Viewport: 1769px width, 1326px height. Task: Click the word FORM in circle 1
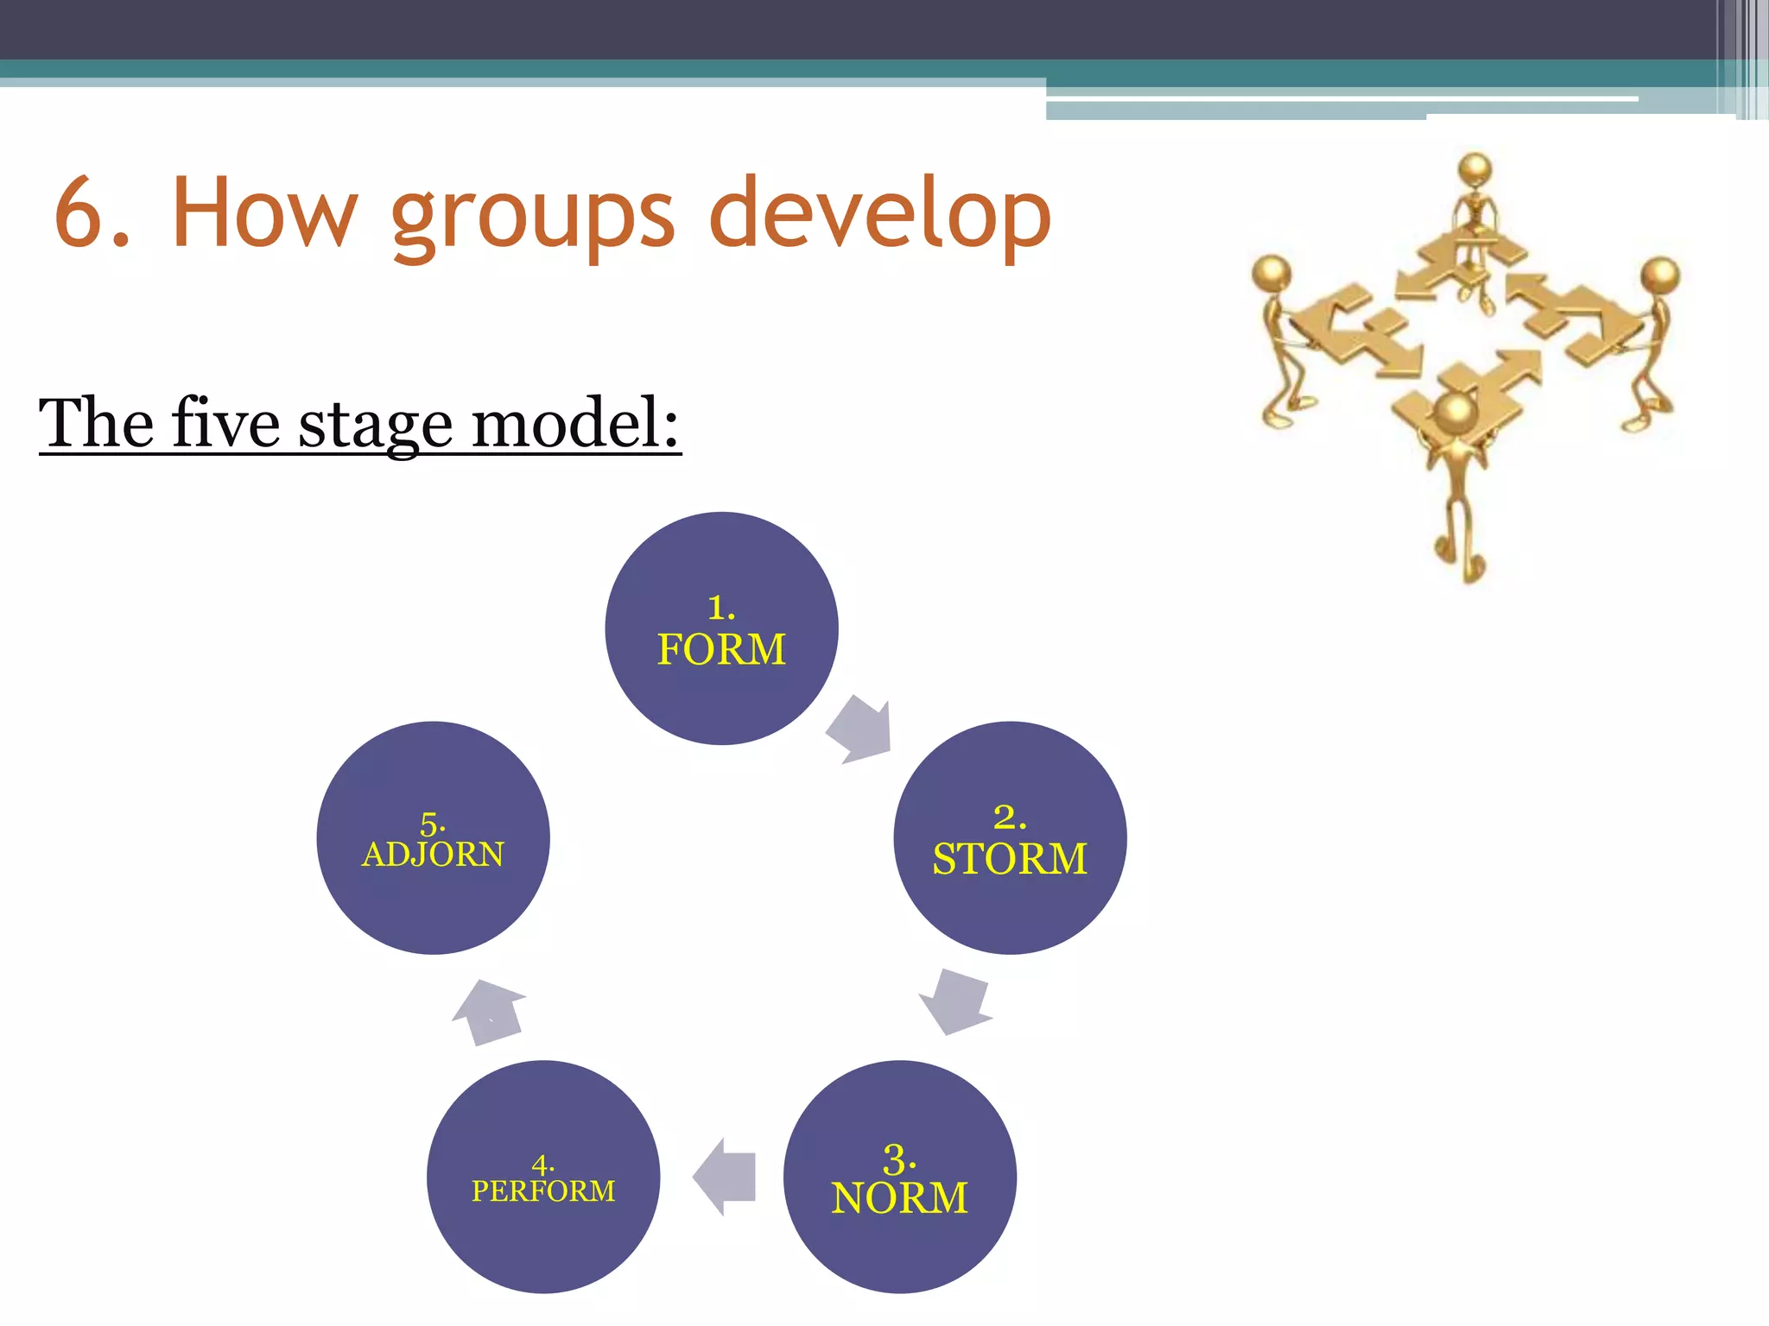click(721, 649)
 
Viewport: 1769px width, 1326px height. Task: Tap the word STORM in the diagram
click(1009, 859)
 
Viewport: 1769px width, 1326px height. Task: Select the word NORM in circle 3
click(899, 1198)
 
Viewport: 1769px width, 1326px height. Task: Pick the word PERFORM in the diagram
click(543, 1191)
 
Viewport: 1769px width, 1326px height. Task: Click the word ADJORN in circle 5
click(433, 855)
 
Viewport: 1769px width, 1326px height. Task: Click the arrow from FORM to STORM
click(859, 729)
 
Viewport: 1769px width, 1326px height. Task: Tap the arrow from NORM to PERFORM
click(726, 1177)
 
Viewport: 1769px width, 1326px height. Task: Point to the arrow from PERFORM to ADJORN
click(489, 1012)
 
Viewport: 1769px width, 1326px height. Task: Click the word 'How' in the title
click(264, 212)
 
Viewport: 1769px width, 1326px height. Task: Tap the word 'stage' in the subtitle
click(376, 425)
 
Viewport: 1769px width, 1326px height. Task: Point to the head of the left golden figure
click(1271, 273)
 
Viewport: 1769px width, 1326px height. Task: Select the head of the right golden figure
click(1660, 275)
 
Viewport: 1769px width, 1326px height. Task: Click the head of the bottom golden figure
click(1458, 413)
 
